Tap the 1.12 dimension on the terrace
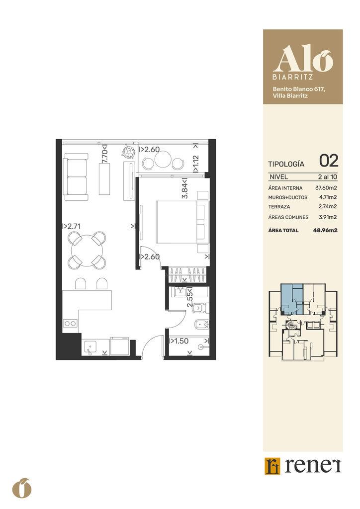pyautogui.click(x=196, y=164)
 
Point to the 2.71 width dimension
pyautogui.click(x=72, y=226)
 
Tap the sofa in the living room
pyautogui.click(x=76, y=176)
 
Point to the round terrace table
pyautogui.click(x=161, y=160)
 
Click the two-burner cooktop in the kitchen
pyautogui.click(x=70, y=323)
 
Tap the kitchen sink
pyautogui.click(x=90, y=347)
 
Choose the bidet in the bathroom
pyautogui.click(x=201, y=324)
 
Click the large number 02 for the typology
pyautogui.click(x=329, y=161)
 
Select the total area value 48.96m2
pyautogui.click(x=325, y=231)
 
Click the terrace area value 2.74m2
pyautogui.click(x=327, y=206)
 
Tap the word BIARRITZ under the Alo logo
pyautogui.click(x=292, y=78)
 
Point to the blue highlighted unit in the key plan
pyautogui.click(x=291, y=298)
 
